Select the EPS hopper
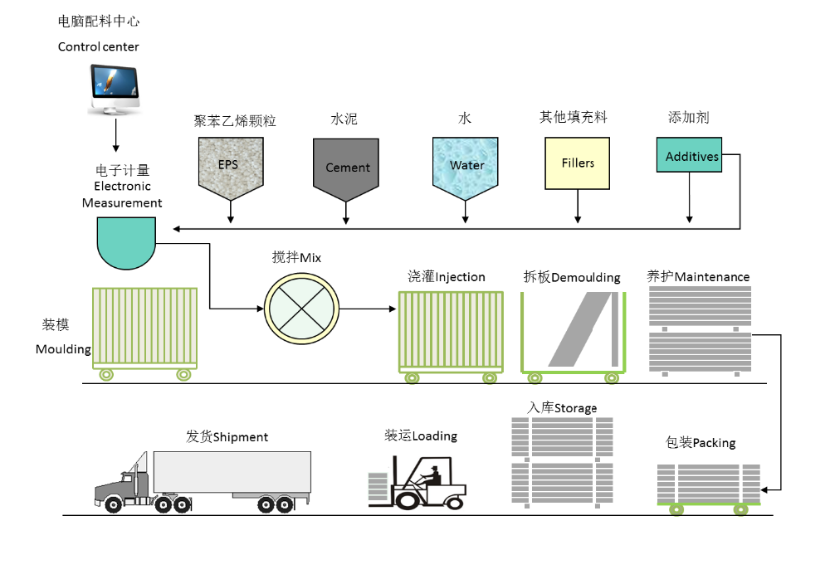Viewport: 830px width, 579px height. pyautogui.click(x=228, y=166)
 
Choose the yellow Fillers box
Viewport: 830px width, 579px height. pyautogui.click(x=578, y=163)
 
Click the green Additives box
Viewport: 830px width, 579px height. pyautogui.click(x=689, y=155)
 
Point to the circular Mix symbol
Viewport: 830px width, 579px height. pyautogui.click(x=302, y=308)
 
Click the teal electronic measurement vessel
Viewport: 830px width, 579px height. pyautogui.click(x=126, y=241)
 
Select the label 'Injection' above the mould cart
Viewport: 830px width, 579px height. pyautogui.click(x=460, y=277)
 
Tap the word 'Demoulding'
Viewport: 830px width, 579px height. pyautogui.click(x=585, y=277)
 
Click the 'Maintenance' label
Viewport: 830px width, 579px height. pyautogui.click(x=711, y=277)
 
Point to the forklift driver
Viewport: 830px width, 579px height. pyautogui.click(x=431, y=477)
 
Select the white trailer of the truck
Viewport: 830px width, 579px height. pyautogui.click(x=232, y=472)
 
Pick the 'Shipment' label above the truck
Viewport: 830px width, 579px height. pyautogui.click(x=240, y=437)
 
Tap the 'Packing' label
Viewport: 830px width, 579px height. pyautogui.click(x=714, y=443)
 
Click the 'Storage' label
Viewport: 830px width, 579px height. pyautogui.click(x=575, y=408)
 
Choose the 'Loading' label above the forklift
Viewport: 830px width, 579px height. pyautogui.click(x=434, y=436)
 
